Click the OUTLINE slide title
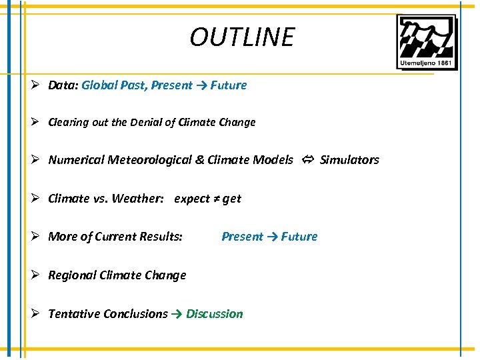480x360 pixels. click(241, 37)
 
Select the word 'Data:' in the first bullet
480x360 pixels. click(63, 85)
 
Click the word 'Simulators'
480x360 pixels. click(349, 160)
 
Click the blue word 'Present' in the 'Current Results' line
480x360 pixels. click(243, 237)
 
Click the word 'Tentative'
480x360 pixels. click(74, 314)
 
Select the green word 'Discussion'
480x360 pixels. click(215, 314)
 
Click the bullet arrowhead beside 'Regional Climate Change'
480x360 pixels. click(37, 275)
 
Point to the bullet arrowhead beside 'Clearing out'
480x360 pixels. click(37, 122)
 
